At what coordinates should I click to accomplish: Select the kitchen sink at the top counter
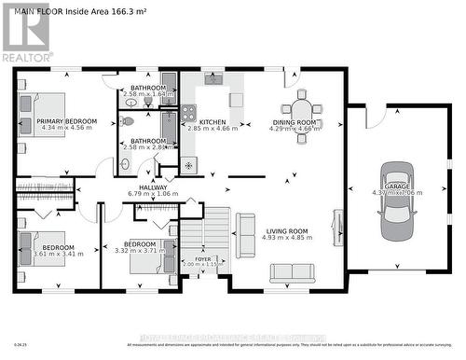pyautogui.click(x=212, y=79)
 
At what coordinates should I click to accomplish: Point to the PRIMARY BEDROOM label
pyautogui.click(x=66, y=121)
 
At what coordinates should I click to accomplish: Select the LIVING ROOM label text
pyautogui.click(x=288, y=230)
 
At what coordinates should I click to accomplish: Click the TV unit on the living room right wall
pyautogui.click(x=337, y=228)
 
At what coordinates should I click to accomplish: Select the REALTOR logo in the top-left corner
pyautogui.click(x=25, y=33)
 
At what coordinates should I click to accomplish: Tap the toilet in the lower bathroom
pyautogui.click(x=128, y=121)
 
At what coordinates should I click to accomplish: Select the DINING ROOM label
pyautogui.click(x=297, y=122)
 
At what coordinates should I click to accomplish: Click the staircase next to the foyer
pyautogui.click(x=215, y=228)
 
